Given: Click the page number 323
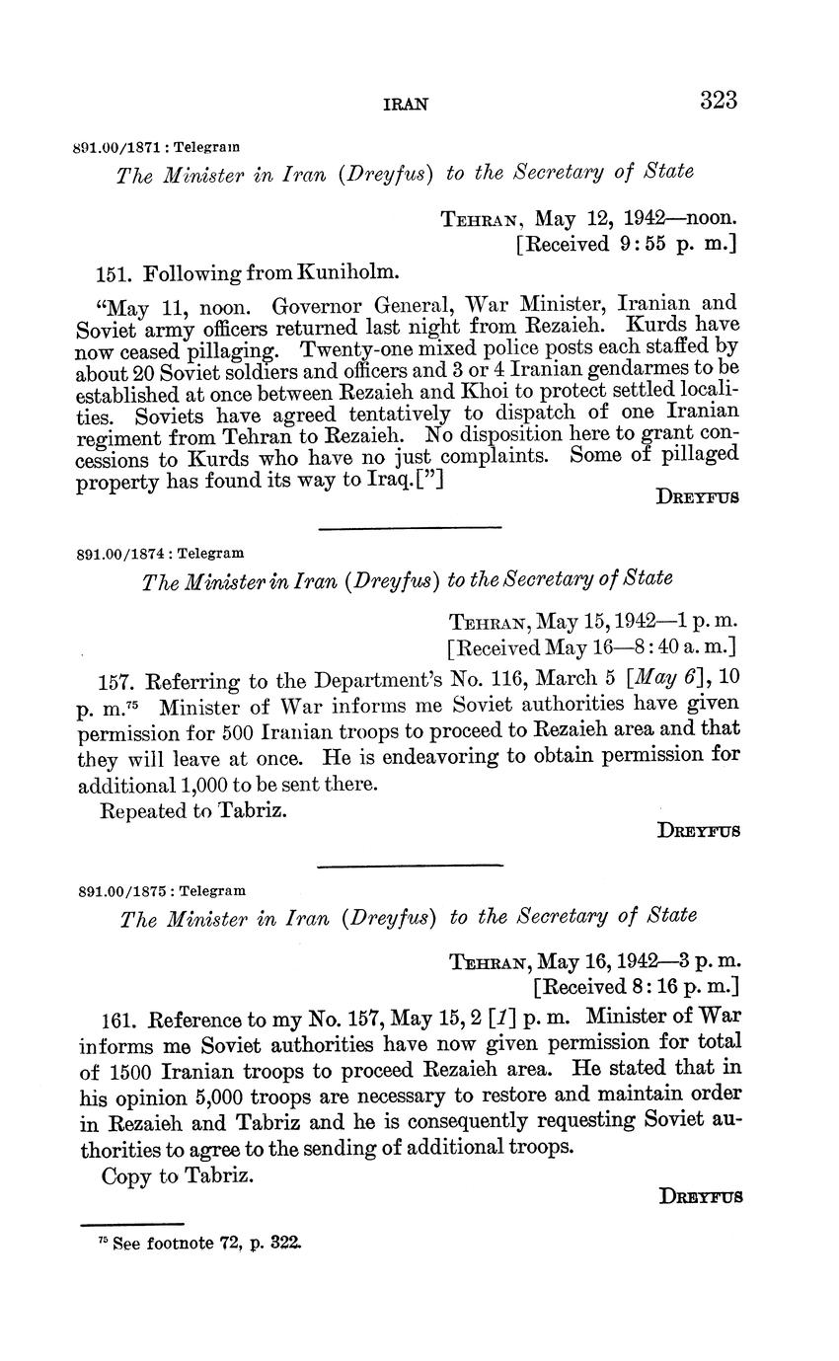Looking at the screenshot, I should pos(719,100).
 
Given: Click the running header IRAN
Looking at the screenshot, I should pos(405,104).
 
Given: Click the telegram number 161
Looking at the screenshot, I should pos(119,1019).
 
